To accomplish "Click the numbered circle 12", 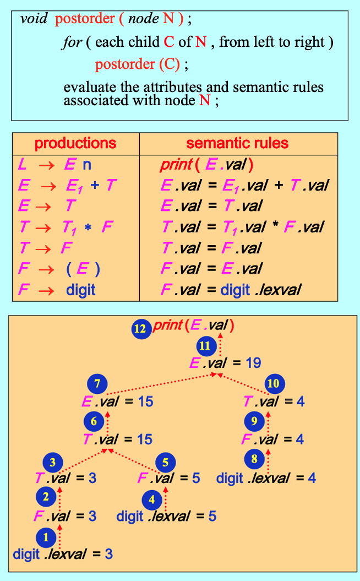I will (x=141, y=329).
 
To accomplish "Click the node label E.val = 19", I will (x=225, y=363).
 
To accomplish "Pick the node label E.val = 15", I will (x=117, y=401).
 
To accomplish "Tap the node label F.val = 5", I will (x=168, y=478).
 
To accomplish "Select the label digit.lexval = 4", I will (x=266, y=477).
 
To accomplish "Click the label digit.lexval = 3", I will (x=63, y=554).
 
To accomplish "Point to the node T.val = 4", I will (x=273, y=401).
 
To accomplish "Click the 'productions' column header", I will (x=75, y=144).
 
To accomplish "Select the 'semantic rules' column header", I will (x=237, y=144).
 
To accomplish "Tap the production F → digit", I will (x=57, y=289).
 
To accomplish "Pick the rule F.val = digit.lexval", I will (x=231, y=289).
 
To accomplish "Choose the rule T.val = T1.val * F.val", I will (x=242, y=226).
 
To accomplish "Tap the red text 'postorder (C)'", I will (x=138, y=64).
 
